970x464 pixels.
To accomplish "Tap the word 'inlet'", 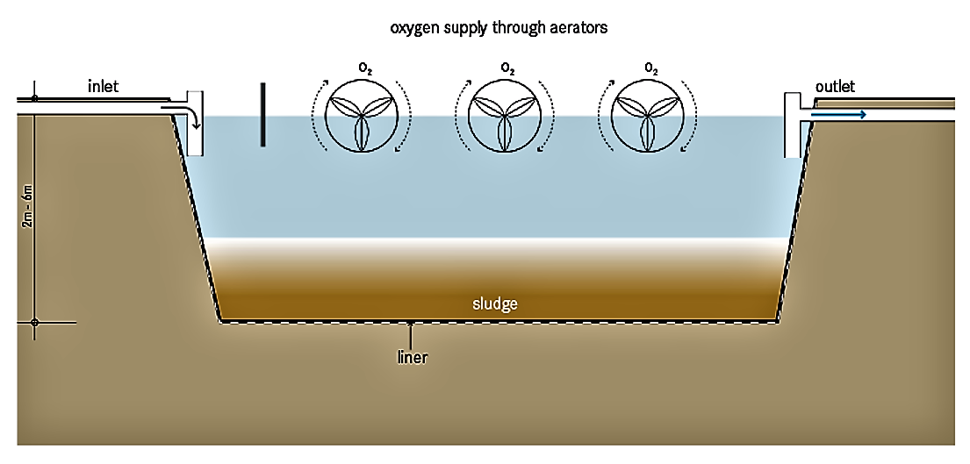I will point(103,86).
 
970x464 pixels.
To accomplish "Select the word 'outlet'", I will point(835,86).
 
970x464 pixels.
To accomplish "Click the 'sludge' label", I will point(495,304).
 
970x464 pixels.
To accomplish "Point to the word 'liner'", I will point(411,358).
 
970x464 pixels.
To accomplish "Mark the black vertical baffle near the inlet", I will point(262,114).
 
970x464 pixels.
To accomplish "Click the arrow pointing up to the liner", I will point(411,333).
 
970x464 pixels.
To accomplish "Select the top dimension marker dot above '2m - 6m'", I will point(34,98).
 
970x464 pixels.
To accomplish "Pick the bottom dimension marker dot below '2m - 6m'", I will point(34,323).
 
